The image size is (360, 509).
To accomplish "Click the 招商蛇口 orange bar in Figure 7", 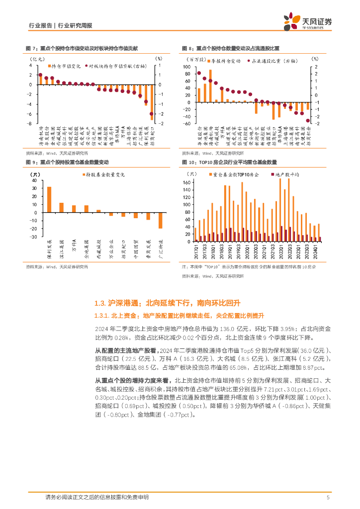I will [x=152, y=101].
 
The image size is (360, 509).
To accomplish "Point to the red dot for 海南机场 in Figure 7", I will [x=40, y=75].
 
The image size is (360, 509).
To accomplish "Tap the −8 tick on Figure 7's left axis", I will [x=31, y=124].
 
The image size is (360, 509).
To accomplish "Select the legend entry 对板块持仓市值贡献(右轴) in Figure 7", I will [x=115, y=65].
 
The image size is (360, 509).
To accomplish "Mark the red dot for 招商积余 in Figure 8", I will [x=308, y=120].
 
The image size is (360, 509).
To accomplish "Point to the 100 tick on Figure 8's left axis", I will [x=187, y=66].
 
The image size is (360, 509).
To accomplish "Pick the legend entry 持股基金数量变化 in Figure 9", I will [x=102, y=175].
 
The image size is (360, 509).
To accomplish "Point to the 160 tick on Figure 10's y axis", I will [x=186, y=182].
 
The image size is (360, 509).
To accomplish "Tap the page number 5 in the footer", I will [x=328, y=498].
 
